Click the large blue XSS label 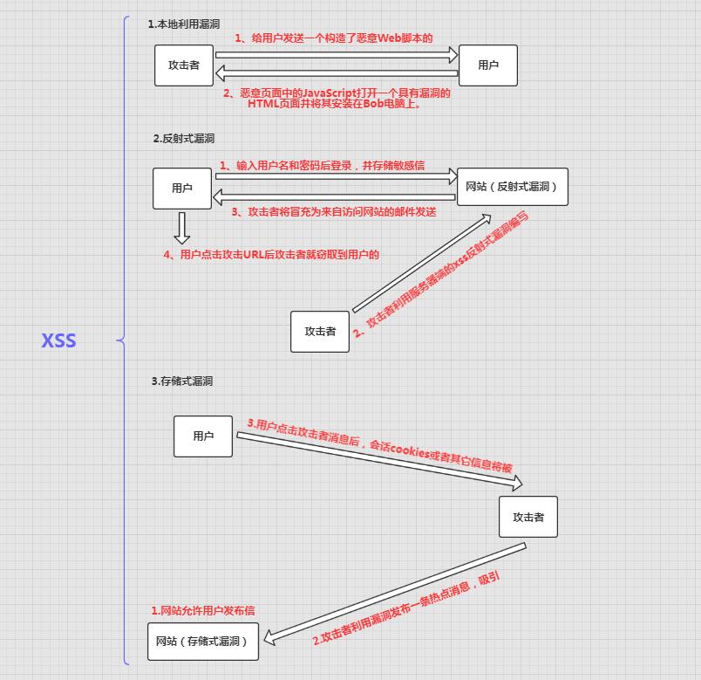(58, 340)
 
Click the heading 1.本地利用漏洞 (183, 24)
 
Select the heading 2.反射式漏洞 (183, 139)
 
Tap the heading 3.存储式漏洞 (181, 381)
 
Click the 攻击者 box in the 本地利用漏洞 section (184, 65)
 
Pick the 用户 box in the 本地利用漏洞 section (488, 65)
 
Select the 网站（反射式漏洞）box (513, 187)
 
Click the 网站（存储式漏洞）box (202, 642)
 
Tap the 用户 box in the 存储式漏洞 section (203, 436)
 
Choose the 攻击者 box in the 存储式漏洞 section (528, 517)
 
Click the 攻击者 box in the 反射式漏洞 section (320, 332)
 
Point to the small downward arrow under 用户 (181, 227)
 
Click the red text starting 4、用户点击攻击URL (272, 255)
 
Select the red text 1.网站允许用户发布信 (203, 611)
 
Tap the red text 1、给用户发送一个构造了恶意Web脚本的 (334, 38)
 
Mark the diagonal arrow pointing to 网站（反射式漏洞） (421, 262)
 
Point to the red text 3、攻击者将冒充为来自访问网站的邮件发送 (334, 211)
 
